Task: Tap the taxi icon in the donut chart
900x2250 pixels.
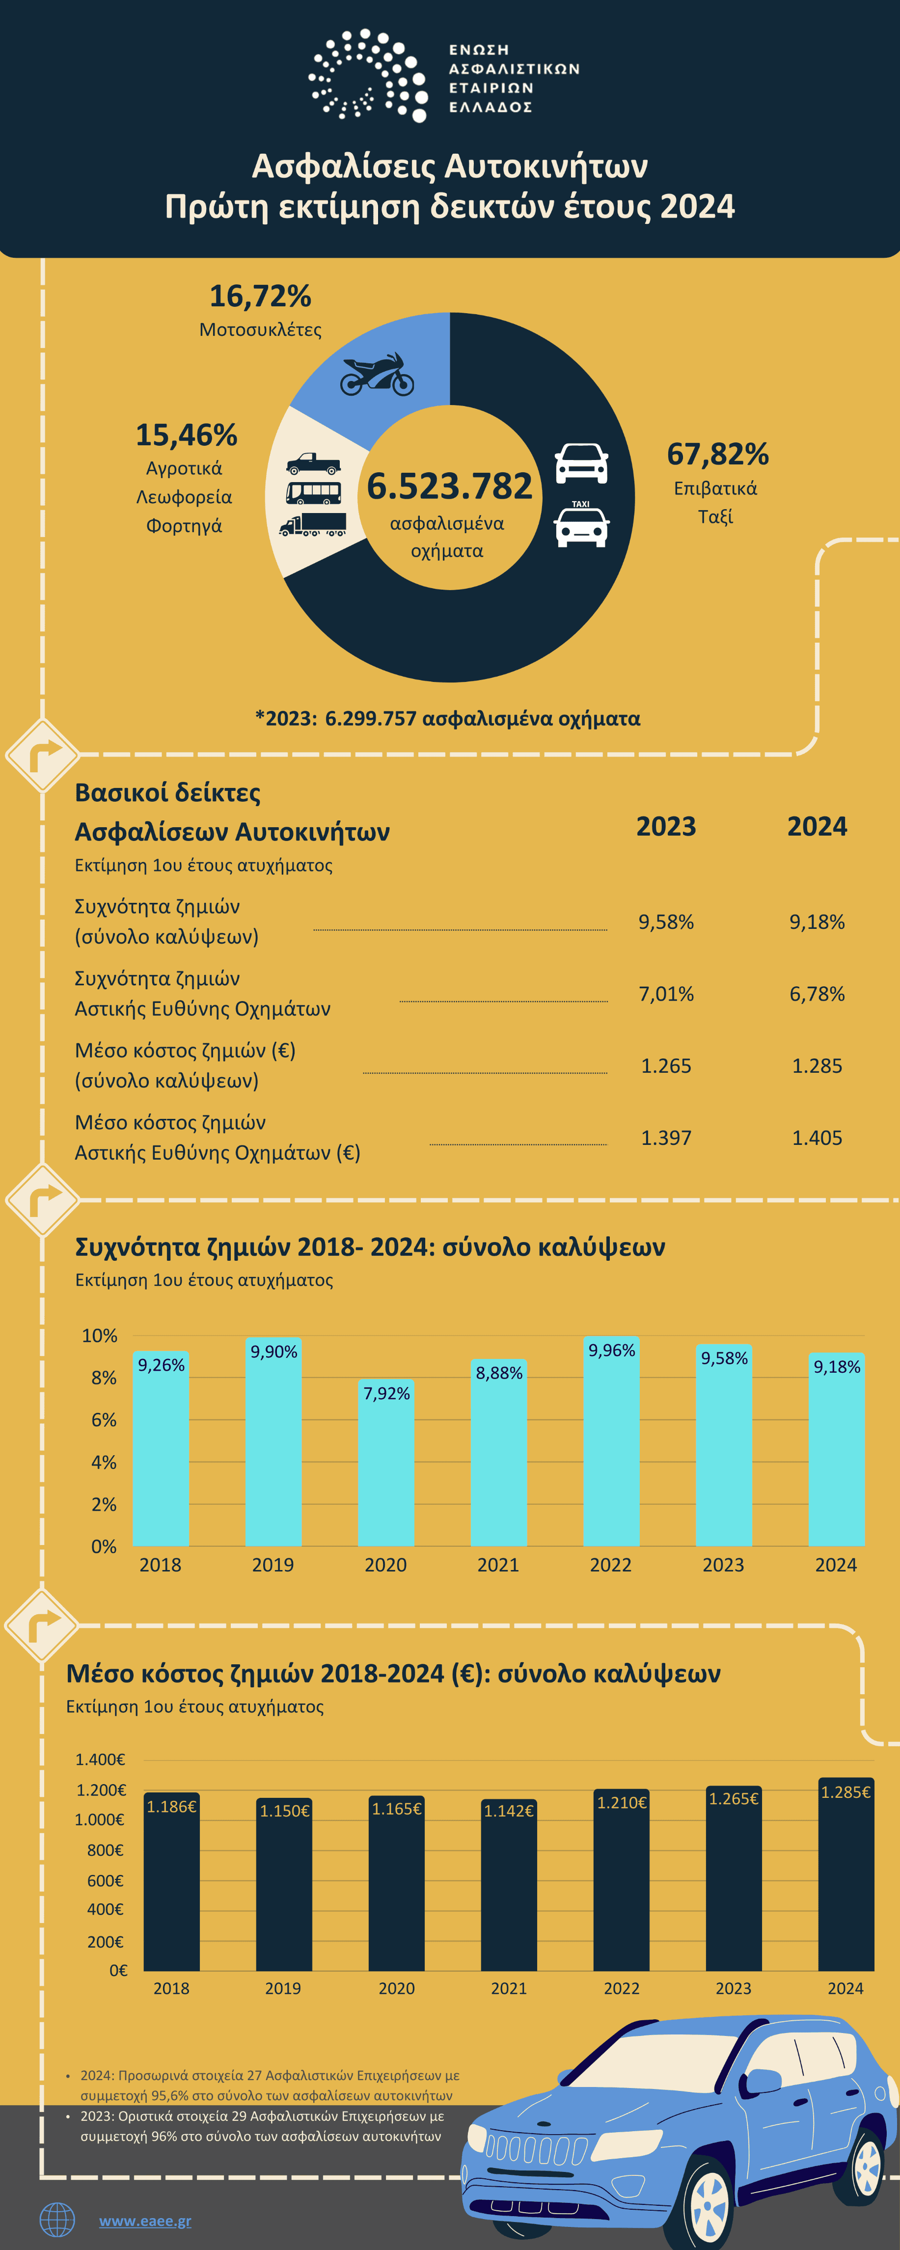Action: click(x=581, y=524)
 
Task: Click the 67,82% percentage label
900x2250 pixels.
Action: click(x=717, y=454)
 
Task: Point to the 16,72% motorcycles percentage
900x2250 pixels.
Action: click(x=260, y=296)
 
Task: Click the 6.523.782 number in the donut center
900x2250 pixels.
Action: click(x=449, y=486)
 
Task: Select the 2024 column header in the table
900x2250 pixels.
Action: click(x=817, y=826)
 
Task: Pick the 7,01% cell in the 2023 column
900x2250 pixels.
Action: click(x=666, y=994)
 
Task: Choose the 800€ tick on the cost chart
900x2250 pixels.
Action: click(x=106, y=1850)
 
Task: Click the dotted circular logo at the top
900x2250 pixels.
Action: click(x=368, y=75)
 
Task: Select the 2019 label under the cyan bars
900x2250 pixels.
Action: click(x=273, y=1565)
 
